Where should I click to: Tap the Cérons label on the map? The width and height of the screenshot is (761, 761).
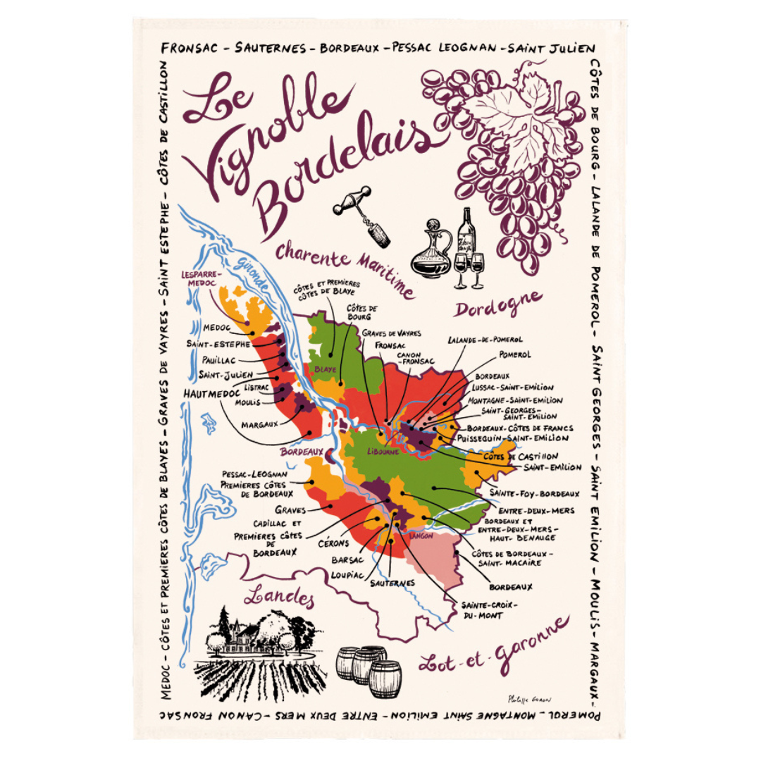(x=333, y=543)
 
